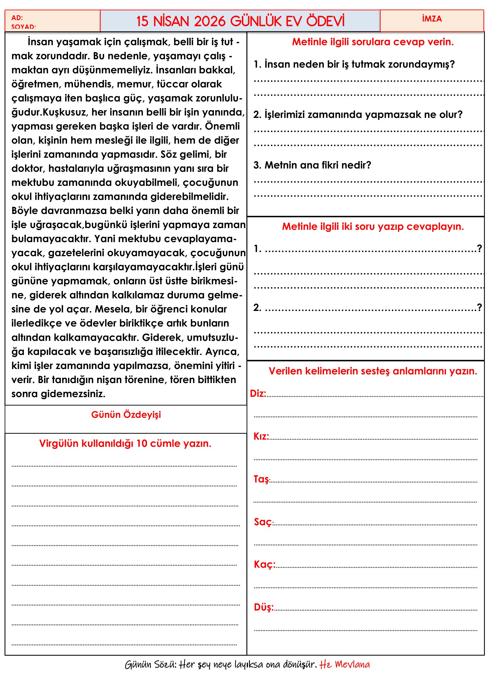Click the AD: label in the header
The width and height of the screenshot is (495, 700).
(17, 18)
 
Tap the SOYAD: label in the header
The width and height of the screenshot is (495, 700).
(23, 27)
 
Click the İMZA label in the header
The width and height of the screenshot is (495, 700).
(432, 19)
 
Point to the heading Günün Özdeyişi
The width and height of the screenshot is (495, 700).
(126, 414)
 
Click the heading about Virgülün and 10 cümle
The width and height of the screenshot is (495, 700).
(125, 443)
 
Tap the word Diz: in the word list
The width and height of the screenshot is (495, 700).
(258, 394)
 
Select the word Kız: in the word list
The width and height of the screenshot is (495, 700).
(261, 436)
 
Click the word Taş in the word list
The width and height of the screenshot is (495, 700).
(261, 479)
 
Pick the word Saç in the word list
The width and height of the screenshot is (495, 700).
(263, 522)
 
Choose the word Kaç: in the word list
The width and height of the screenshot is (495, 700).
(264, 564)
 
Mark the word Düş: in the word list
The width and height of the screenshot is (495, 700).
(264, 607)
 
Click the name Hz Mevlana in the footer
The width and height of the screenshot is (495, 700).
(344, 664)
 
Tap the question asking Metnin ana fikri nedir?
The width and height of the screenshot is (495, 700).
(312, 165)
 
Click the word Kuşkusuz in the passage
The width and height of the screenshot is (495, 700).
(65, 112)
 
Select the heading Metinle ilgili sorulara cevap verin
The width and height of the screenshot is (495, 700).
(373, 42)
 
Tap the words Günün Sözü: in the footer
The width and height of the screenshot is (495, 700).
(151, 665)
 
